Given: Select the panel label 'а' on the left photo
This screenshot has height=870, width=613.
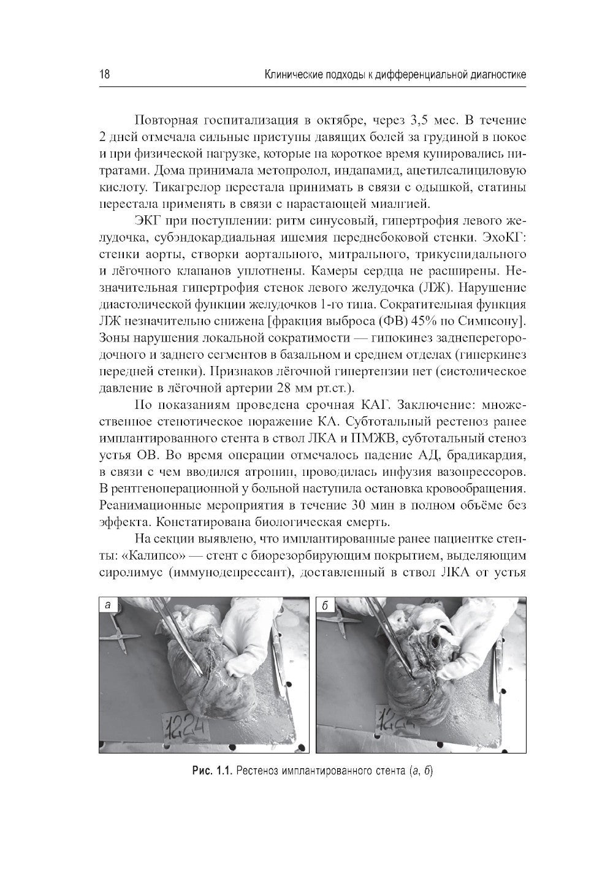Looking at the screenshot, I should click(108, 606).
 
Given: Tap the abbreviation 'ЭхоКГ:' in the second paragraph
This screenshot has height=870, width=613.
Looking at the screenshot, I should click(500, 220).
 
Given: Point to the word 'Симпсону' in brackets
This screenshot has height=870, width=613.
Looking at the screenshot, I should click(499, 321).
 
